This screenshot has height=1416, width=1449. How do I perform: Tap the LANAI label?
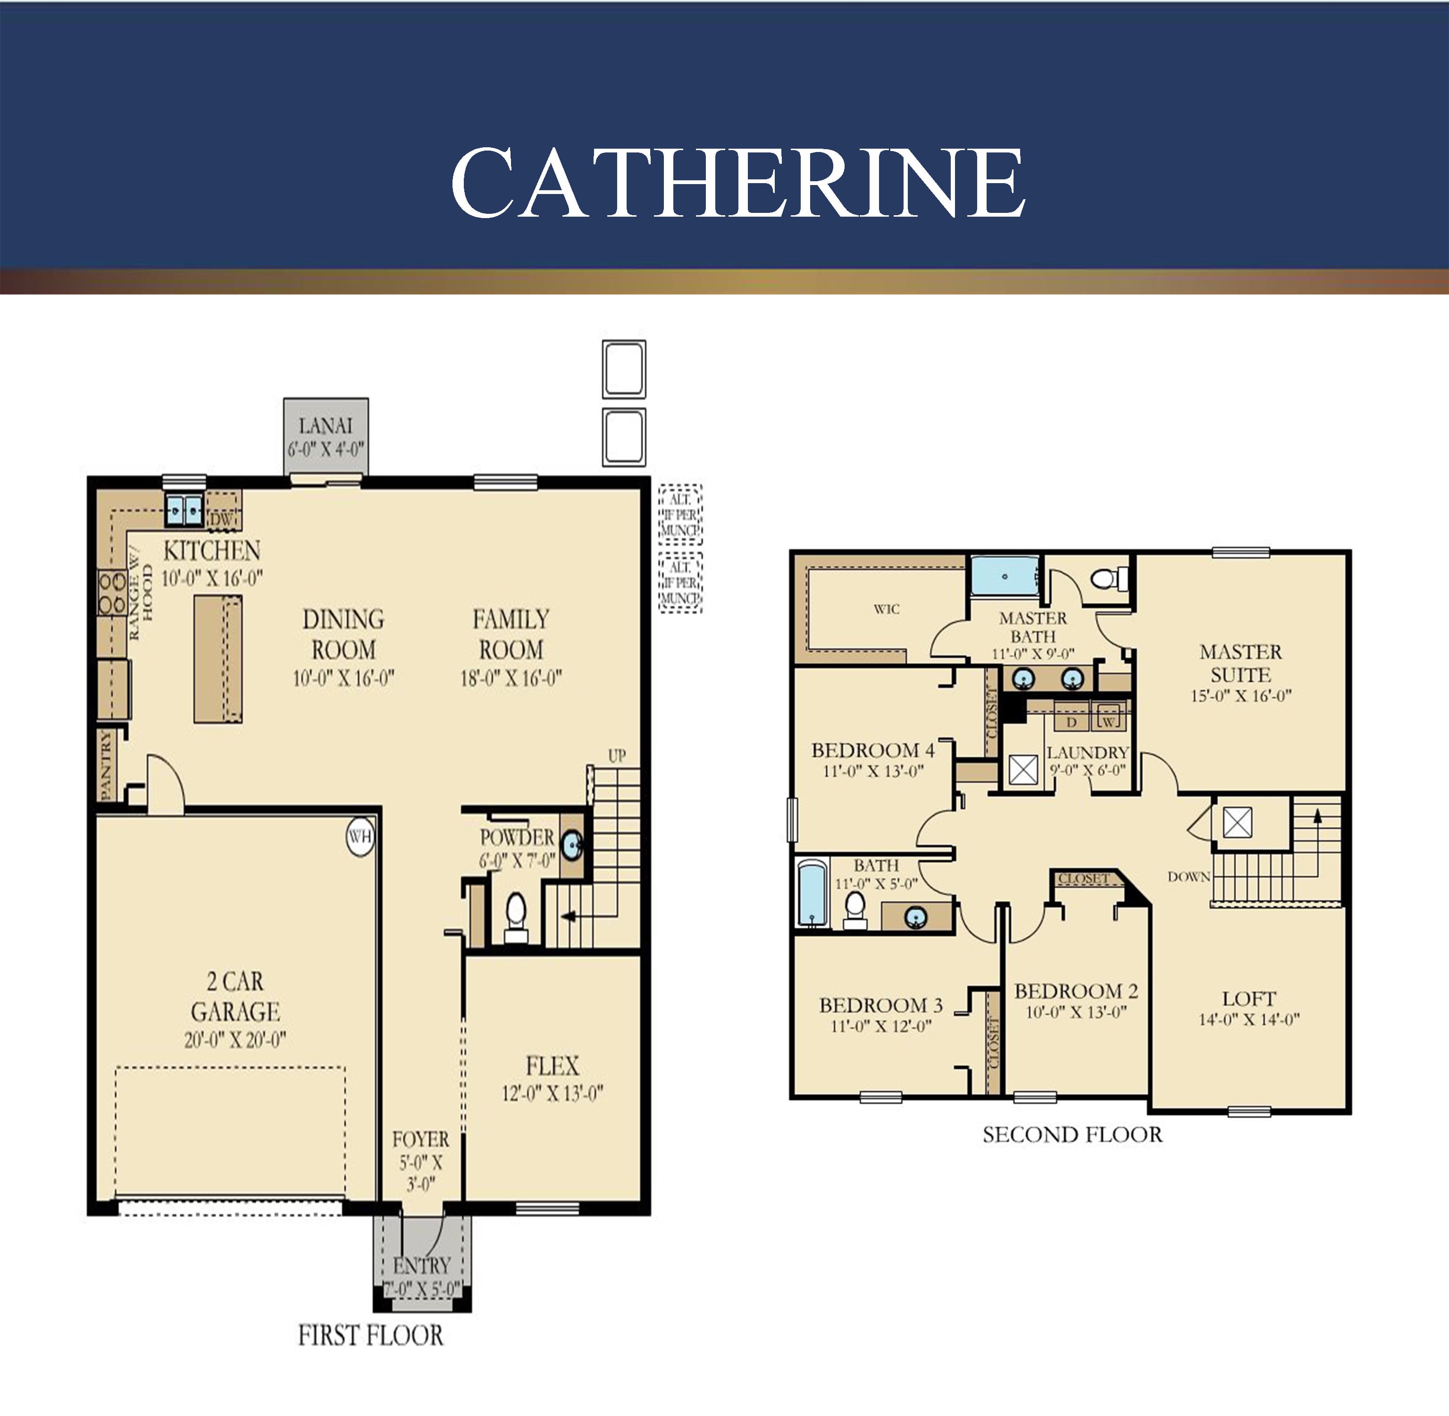coord(326,426)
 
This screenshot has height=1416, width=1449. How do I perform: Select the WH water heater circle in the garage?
coord(360,837)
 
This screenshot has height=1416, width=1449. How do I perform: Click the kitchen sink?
coord(184,510)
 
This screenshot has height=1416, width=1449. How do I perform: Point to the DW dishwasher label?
coord(222,520)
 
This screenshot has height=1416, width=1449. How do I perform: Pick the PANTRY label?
coord(106,765)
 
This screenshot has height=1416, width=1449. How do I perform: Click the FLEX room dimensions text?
coord(552,1093)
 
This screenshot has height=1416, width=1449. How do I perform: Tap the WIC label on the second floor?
coord(886,609)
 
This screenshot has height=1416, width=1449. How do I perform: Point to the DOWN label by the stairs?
coord(1189,877)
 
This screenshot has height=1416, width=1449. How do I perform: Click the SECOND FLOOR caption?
coord(1072,1134)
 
